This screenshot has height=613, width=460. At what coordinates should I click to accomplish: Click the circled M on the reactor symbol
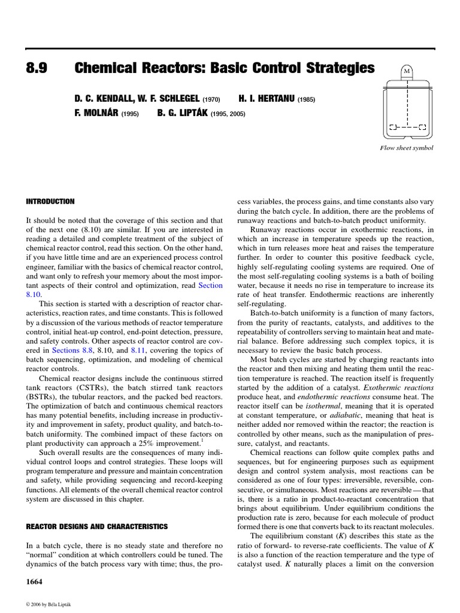coord(407,71)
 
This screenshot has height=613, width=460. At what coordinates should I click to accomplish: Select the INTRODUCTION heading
coord(50,202)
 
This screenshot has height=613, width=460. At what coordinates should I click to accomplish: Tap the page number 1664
coord(34,582)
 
